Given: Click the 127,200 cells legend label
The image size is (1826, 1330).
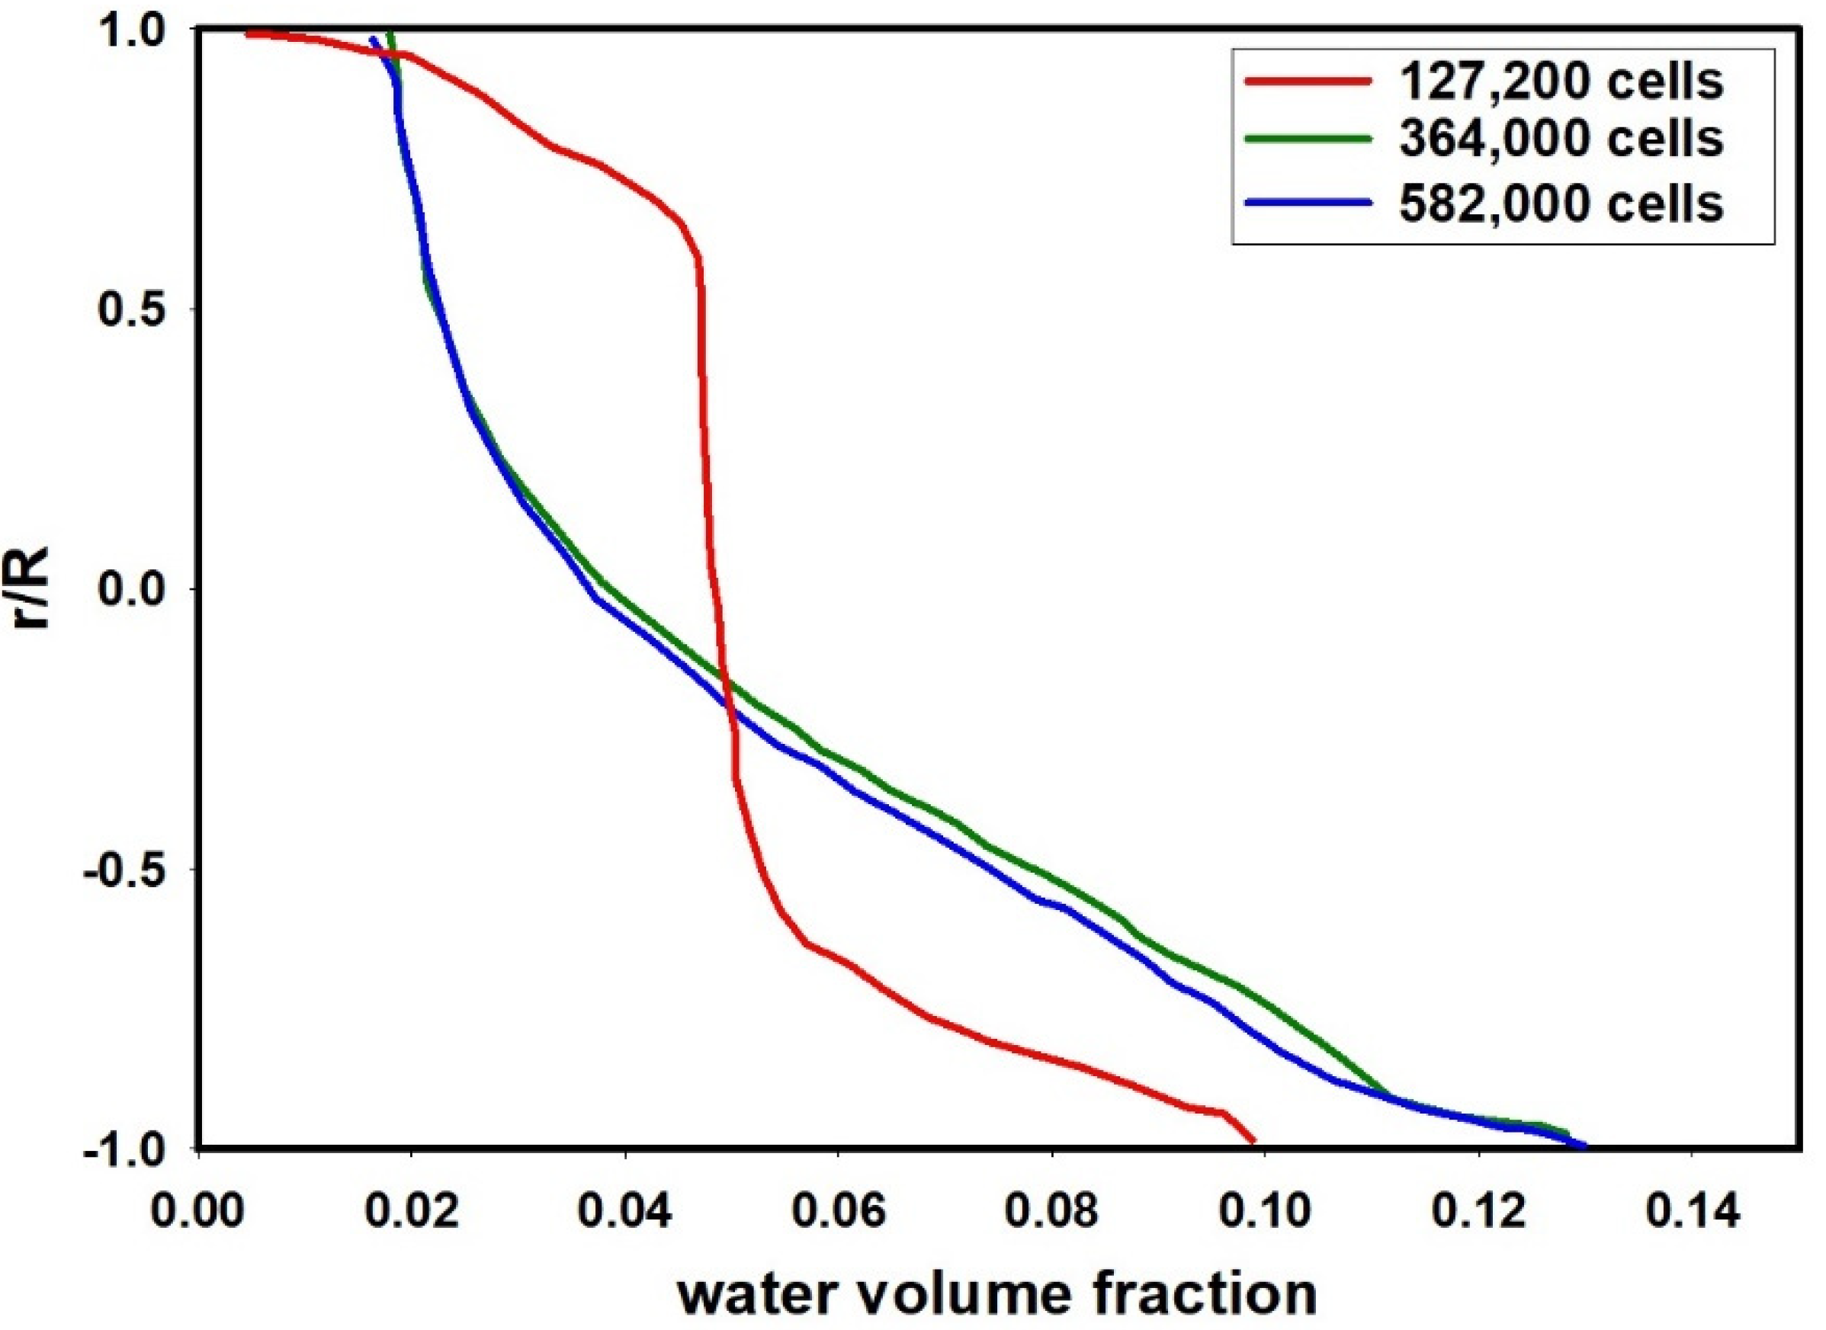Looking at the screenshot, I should [1562, 82].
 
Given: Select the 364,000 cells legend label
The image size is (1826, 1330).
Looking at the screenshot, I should [1562, 139].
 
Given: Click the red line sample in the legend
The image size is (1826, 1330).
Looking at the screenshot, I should [1308, 81].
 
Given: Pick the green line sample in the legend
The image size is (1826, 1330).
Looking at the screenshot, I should [1308, 139].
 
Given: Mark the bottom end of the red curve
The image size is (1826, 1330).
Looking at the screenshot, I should [1253, 1141].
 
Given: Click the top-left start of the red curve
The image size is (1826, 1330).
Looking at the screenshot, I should [248, 34].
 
